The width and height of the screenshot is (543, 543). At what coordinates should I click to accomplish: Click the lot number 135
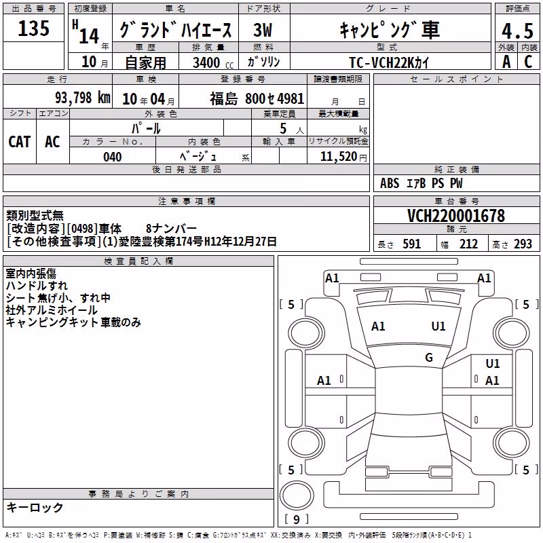33,28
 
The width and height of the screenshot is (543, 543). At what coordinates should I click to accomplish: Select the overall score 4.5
517,31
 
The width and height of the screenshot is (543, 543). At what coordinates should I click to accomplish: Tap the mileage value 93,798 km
83,98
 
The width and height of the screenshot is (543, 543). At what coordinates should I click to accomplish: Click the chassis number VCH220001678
456,216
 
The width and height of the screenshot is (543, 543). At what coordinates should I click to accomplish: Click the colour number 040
113,157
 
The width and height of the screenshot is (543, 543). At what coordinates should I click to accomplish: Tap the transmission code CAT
20,142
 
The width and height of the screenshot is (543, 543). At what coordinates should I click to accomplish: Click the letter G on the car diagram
429,357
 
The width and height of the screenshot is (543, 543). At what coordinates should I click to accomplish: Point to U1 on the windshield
438,326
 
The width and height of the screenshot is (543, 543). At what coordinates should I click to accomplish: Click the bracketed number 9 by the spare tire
297,519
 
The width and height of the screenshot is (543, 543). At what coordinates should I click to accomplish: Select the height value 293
523,244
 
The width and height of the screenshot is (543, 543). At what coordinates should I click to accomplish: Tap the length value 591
412,244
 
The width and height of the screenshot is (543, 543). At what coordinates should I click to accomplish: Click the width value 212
468,244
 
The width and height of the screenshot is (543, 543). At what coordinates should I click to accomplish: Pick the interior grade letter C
528,62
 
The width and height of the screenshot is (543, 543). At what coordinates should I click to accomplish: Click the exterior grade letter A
506,62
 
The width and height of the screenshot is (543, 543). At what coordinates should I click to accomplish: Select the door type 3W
263,30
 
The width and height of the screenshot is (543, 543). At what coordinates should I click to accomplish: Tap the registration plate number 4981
291,98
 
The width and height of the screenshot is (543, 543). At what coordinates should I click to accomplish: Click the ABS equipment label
390,183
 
